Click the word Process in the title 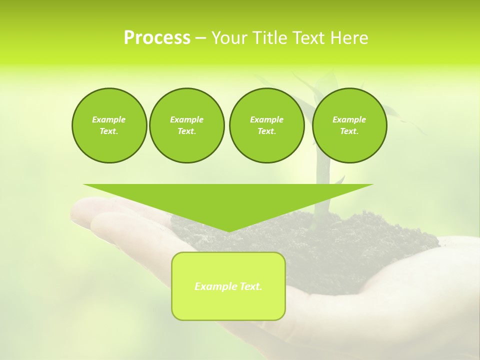[157, 38]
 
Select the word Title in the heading [270, 38]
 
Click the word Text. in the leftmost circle [109, 131]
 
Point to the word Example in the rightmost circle [349, 119]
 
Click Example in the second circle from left [186, 119]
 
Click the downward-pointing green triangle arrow [228, 200]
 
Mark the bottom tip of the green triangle [228, 231]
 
